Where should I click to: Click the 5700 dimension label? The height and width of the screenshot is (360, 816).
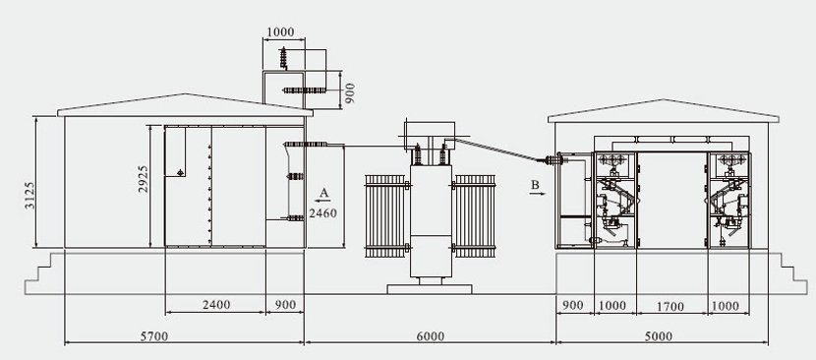(x=154, y=336)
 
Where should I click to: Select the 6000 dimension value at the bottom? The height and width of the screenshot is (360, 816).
(x=431, y=336)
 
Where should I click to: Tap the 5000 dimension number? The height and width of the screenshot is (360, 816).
(x=659, y=336)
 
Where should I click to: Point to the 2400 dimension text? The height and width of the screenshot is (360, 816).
(x=216, y=305)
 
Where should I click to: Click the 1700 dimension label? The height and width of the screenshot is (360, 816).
(x=670, y=307)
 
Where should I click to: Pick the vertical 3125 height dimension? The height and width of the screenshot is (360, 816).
(x=30, y=196)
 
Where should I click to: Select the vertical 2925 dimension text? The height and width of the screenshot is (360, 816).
(x=144, y=179)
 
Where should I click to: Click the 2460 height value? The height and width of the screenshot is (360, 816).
(x=323, y=213)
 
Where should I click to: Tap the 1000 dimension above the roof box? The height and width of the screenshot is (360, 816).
(x=280, y=32)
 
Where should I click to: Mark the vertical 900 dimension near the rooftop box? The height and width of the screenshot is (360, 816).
(x=350, y=93)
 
